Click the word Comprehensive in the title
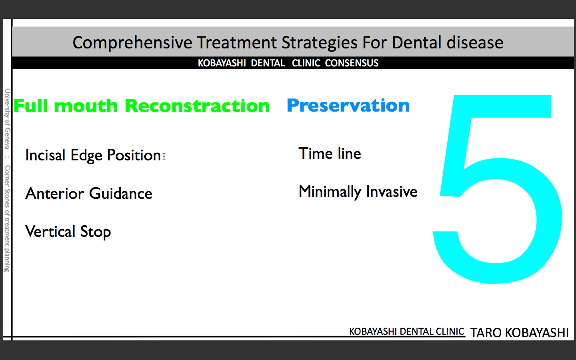point(132,43)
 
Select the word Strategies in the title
point(319,43)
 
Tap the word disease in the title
point(475,42)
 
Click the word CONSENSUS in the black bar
point(352,63)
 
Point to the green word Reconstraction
point(197,106)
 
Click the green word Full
point(31,106)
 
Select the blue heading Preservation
point(348,106)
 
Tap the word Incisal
point(45,155)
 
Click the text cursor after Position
point(164,156)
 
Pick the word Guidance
point(121,193)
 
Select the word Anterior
point(54,193)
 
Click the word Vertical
point(50,232)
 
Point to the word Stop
point(96,232)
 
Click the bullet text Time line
point(330,154)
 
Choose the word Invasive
point(392,192)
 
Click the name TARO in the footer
point(486,333)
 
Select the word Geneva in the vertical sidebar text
point(7,138)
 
